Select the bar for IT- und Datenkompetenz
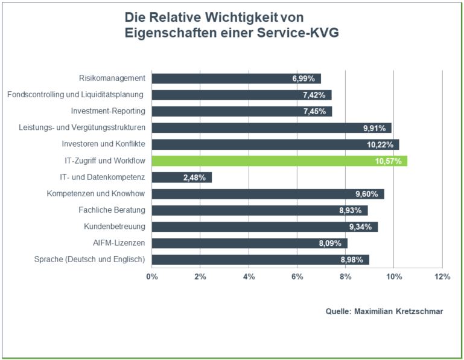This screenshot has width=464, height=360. click(x=181, y=178)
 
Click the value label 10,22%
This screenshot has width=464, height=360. click(x=380, y=144)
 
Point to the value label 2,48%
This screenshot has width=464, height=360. click(x=194, y=178)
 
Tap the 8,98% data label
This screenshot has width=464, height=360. click(x=351, y=260)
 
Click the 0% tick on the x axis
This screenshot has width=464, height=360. click(x=152, y=277)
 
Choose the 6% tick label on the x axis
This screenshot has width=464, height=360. click(x=297, y=277)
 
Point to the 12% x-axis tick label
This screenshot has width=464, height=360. click(x=442, y=277)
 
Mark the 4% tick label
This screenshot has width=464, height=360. click(x=249, y=277)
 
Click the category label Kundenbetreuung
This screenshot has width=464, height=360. click(x=115, y=227)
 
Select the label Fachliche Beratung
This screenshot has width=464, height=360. click(x=112, y=210)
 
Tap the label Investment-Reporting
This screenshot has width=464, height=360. click(x=108, y=111)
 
